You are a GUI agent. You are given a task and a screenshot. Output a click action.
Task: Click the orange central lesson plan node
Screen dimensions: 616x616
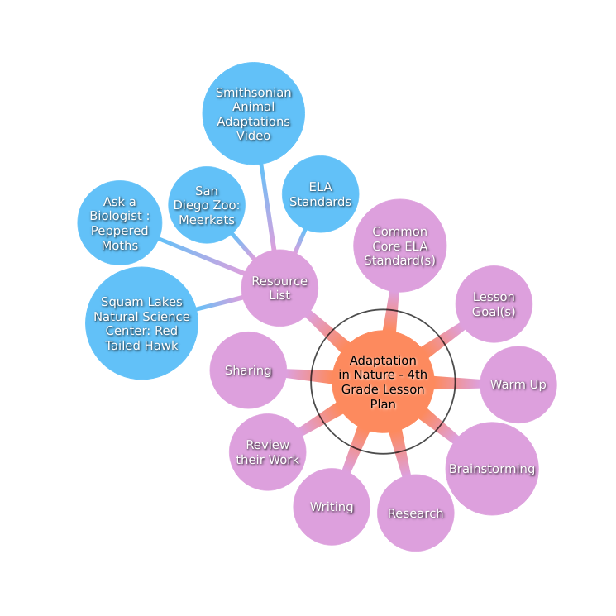tap(383, 381)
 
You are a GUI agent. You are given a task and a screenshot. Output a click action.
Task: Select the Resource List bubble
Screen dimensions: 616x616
tap(279, 288)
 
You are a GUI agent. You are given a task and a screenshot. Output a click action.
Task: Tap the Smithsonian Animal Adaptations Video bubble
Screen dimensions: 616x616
tap(253, 113)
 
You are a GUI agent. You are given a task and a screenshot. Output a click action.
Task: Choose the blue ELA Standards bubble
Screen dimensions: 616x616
tap(321, 194)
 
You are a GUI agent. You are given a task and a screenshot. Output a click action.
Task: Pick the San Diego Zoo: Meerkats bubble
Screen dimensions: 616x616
tap(207, 205)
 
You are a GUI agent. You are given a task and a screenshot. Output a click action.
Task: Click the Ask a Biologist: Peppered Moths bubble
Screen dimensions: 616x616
tap(120, 222)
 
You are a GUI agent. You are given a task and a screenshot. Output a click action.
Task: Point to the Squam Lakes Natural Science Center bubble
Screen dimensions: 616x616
tap(142, 323)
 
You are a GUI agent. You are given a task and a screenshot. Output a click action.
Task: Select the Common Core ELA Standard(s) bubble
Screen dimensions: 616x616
tap(400, 246)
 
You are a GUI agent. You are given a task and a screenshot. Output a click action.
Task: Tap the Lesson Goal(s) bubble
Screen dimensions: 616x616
tap(494, 304)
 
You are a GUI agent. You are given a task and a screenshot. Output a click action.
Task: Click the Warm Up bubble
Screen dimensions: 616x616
tap(518, 384)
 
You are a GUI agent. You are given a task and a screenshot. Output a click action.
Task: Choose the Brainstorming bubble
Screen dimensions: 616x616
tap(492, 469)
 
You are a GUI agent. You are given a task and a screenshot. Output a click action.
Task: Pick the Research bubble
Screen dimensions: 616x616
tap(416, 513)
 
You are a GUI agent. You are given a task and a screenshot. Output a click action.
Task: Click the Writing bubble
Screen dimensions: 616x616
tap(332, 507)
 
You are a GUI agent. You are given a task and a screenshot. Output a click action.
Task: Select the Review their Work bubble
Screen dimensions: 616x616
tap(268, 452)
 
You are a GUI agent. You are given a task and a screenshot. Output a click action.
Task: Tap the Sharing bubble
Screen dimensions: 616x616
tap(248, 370)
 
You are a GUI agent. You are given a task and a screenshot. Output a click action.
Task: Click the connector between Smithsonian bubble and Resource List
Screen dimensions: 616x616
tap(268, 207)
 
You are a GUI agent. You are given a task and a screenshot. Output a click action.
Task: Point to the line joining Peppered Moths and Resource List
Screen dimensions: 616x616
tap(203, 255)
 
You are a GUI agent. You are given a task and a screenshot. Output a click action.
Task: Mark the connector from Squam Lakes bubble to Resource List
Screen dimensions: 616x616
tap(220, 303)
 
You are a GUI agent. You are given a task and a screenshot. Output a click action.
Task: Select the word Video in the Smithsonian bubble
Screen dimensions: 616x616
tap(253, 136)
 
